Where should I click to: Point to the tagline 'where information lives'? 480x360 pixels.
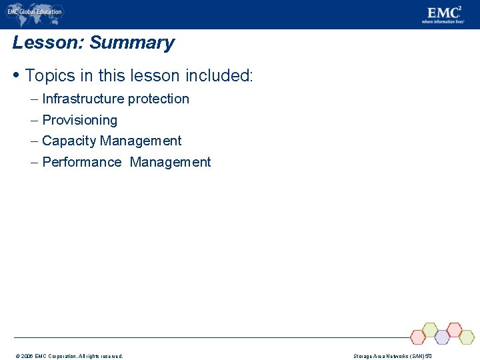[x=443, y=22]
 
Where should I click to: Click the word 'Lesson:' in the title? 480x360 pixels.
[x=48, y=43]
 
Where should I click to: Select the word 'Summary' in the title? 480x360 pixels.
[x=131, y=43]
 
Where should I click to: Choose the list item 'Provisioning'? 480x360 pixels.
[x=79, y=121]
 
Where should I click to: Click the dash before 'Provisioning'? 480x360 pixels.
[x=34, y=121]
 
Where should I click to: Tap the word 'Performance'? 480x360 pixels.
[x=81, y=162]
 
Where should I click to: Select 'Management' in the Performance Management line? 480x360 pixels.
[x=170, y=162]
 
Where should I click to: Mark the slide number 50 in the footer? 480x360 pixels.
[x=429, y=356]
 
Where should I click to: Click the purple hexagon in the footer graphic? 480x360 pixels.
[x=442, y=337]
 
